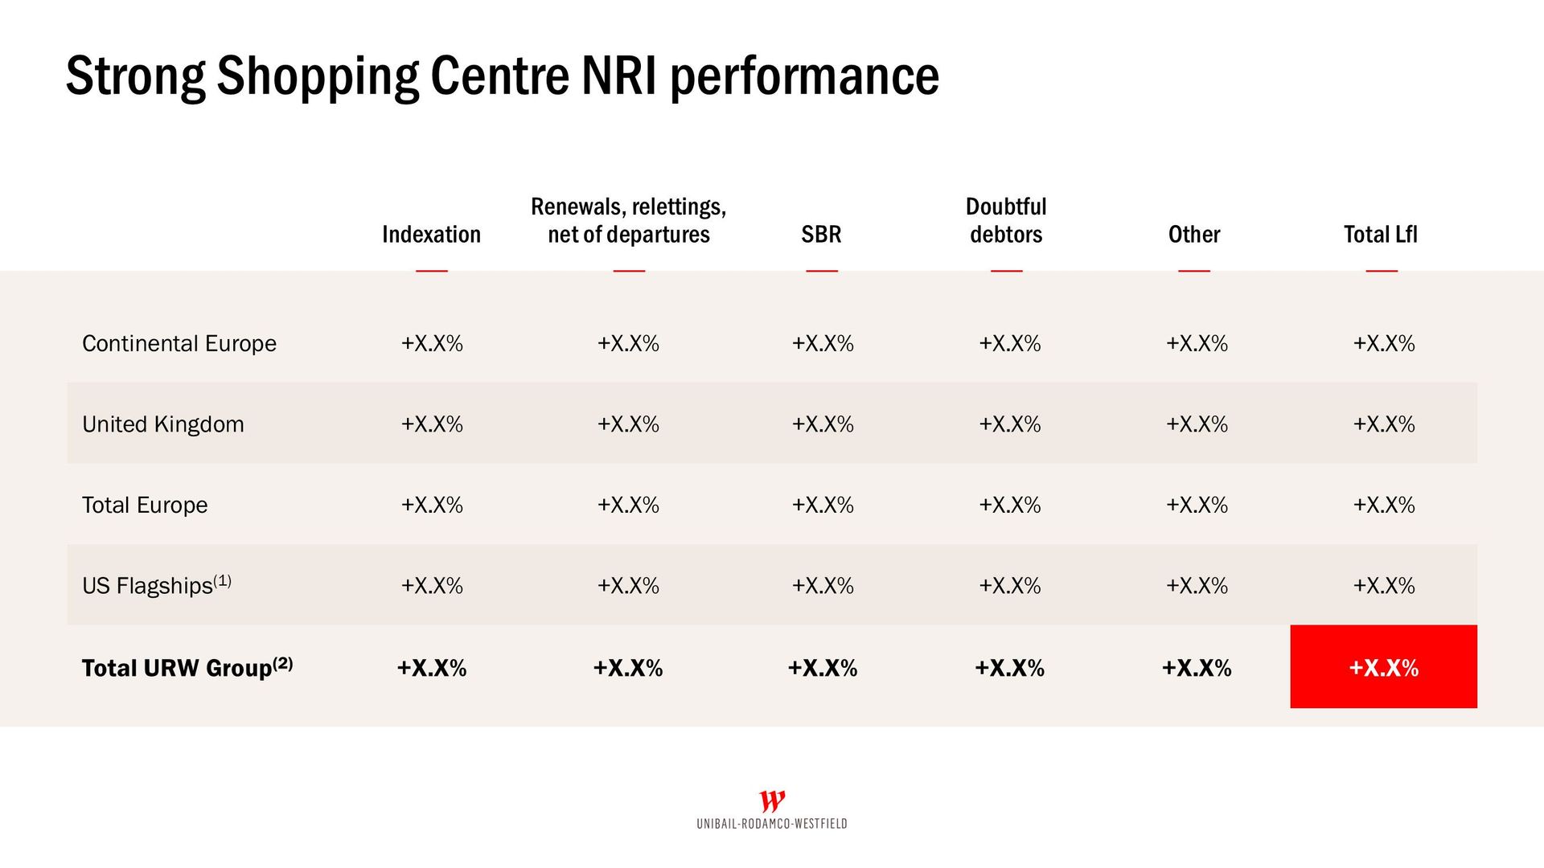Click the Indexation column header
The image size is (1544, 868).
[431, 235]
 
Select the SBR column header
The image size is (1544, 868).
[821, 235]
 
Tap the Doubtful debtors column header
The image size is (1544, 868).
[1006, 220]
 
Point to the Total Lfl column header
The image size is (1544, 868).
[1380, 235]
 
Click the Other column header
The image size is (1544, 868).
[1194, 235]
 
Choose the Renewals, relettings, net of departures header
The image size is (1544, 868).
[629, 220]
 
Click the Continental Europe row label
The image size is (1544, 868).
[179, 344]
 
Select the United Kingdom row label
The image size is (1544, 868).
[163, 424]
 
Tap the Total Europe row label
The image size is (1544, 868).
[145, 506]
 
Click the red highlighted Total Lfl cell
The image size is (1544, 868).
[1383, 667]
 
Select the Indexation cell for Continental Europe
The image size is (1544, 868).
[432, 344]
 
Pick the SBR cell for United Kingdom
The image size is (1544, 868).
[823, 424]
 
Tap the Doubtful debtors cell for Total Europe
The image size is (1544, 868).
[1009, 506]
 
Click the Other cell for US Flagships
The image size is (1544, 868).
[1197, 586]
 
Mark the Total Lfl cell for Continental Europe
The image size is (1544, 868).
[1383, 344]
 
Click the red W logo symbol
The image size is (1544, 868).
[772, 801]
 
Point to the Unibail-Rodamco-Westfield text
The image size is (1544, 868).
[772, 824]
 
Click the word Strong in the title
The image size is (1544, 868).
[135, 77]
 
